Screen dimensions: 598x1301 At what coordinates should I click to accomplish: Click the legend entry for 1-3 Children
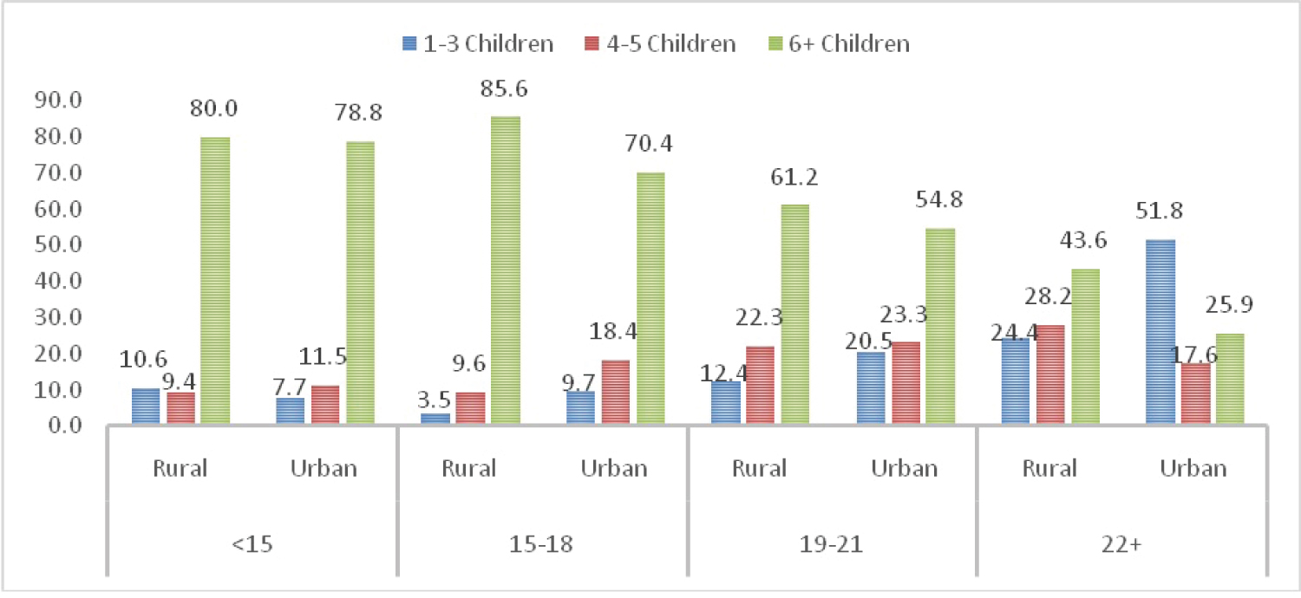[477, 43]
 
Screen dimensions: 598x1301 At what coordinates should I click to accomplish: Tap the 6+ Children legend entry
[836, 43]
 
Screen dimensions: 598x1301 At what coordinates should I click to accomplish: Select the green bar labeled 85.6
[506, 270]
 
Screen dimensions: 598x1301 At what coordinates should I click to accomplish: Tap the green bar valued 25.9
[1230, 378]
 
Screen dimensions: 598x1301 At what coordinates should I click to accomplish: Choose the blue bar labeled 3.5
[435, 419]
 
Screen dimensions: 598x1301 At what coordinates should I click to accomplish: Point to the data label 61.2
[794, 178]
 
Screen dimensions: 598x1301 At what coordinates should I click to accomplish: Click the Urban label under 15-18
[615, 469]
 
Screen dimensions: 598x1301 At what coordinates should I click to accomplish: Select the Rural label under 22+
[1050, 469]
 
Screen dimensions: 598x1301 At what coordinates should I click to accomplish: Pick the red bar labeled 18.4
[615, 392]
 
